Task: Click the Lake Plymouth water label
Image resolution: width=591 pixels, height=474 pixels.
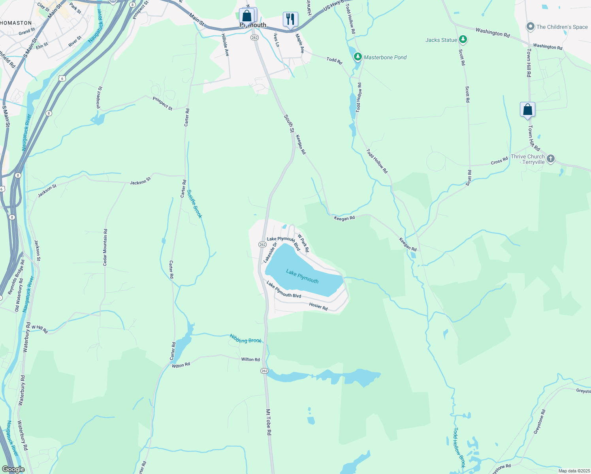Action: coord(302,276)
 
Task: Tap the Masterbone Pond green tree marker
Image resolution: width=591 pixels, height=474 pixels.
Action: coord(358,57)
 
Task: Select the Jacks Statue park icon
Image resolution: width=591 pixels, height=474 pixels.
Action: coord(463,39)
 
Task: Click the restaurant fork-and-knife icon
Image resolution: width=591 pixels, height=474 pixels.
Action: coord(290,19)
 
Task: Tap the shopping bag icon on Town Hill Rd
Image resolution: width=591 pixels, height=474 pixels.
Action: coord(527,110)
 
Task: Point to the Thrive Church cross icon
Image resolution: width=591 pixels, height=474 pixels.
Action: coord(551,159)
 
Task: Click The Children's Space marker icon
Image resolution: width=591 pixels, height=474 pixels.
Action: coord(530,27)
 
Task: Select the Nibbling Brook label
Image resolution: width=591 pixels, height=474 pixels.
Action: coord(246,339)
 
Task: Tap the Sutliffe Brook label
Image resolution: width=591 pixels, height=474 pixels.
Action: coord(194,204)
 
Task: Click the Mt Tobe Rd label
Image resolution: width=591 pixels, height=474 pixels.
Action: coord(269,422)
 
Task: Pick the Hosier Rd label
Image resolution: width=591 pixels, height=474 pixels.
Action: coord(318,306)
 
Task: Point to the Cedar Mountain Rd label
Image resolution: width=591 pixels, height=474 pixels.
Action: coord(105,247)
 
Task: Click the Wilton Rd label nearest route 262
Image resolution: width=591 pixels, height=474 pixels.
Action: coord(250,359)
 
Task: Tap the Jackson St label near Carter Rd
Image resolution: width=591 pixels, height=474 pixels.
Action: coord(140,181)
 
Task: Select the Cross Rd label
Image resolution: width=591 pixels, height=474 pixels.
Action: coord(499,161)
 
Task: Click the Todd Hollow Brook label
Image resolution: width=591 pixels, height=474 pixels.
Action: coord(459,448)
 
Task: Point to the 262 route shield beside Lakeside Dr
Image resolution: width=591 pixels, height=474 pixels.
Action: coord(263,245)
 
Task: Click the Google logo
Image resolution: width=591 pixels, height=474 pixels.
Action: coord(13,469)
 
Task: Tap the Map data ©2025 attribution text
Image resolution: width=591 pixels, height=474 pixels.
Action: coord(573,471)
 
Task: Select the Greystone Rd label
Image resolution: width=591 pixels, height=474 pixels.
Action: coord(539,422)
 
